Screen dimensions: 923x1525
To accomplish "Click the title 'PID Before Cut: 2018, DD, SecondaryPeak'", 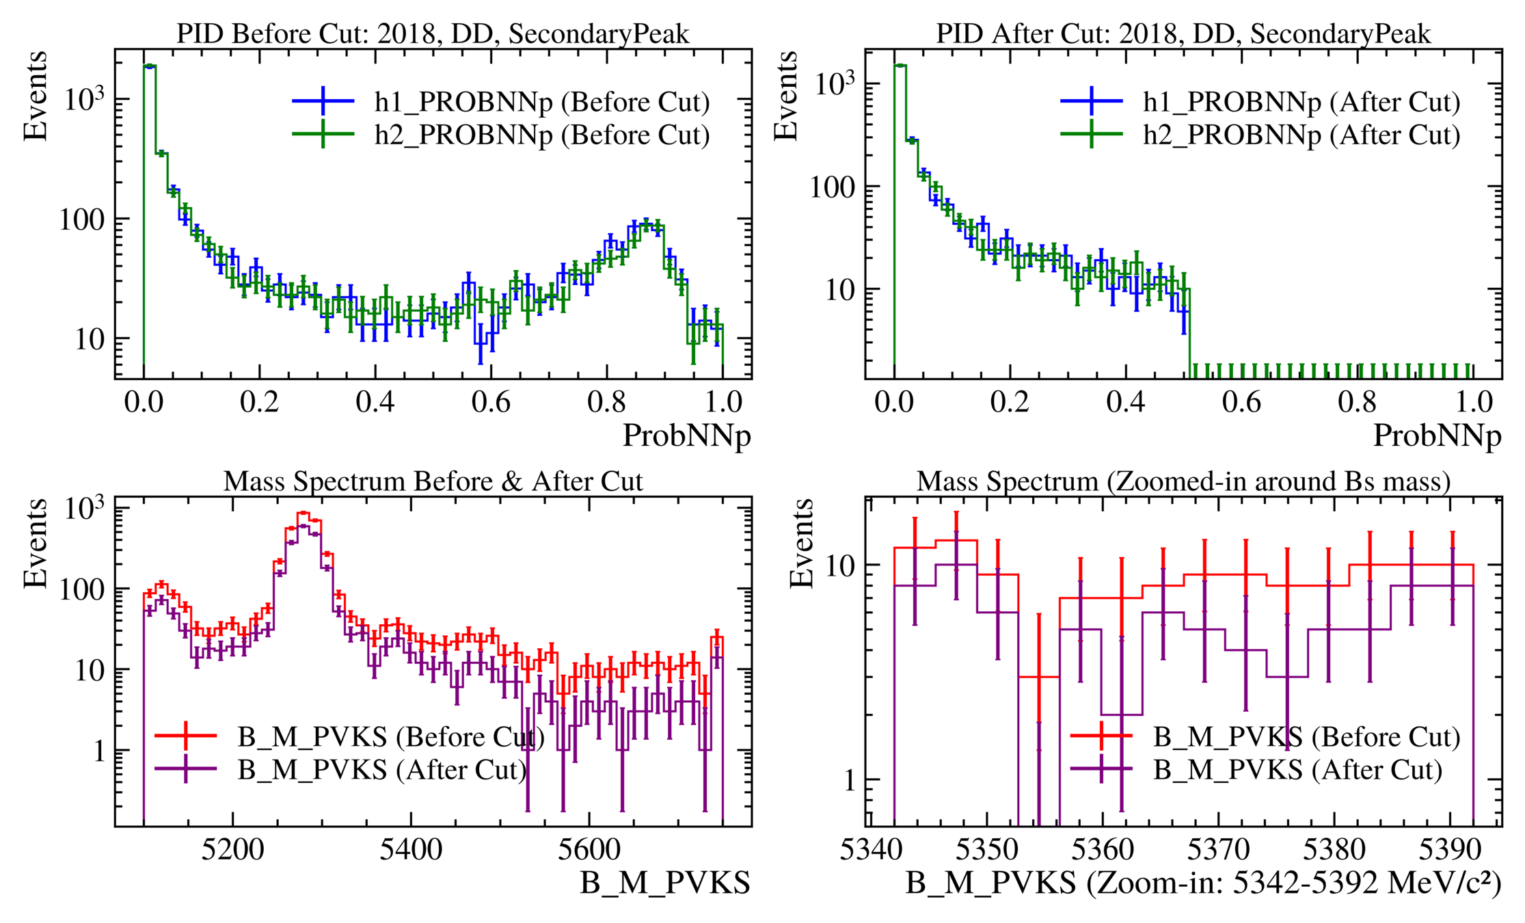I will coord(433,34).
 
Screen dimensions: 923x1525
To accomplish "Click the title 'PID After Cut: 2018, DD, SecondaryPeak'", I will coord(1183,34).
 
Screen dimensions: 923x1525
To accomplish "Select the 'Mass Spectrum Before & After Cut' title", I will coord(433,481).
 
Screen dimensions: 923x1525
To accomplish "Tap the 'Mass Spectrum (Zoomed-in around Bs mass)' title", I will coord(1183,481).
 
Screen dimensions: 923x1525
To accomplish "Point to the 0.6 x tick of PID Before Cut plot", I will coord(491,402).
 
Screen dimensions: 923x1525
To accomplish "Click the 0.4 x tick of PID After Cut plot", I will coord(1126,402).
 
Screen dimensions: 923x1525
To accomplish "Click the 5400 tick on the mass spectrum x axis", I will coord(411,850).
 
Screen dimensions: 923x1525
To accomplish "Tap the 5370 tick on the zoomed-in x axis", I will coord(1218,850).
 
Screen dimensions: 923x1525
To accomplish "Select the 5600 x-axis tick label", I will coord(589,850).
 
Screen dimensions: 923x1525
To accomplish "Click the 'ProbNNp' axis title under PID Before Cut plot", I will coord(686,436).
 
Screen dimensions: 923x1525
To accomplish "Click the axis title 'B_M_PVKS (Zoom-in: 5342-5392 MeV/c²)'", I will coord(1203,883).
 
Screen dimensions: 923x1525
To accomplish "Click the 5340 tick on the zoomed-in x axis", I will coord(871,850).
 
